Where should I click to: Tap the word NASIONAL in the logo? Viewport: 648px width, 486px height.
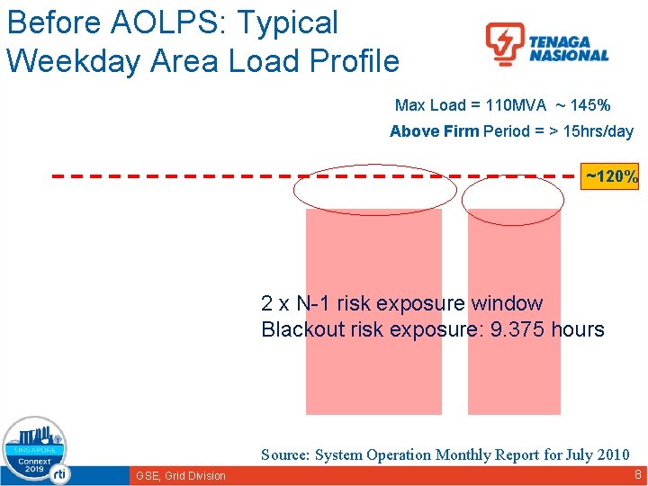pos(569,56)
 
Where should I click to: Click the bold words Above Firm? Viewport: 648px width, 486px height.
pos(434,131)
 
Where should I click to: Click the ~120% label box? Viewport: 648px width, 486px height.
pos(611,176)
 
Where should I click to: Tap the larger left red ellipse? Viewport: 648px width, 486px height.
pos(369,190)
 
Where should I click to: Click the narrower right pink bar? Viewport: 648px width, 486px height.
pos(514,378)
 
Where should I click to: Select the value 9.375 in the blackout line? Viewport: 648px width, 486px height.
pos(519,329)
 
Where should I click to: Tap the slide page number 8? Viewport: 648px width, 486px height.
pos(636,473)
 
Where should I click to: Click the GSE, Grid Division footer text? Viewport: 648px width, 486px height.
pos(181,475)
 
